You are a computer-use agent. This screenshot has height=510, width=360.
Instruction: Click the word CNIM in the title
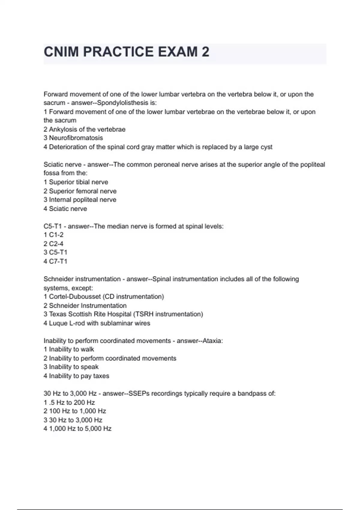point(61,52)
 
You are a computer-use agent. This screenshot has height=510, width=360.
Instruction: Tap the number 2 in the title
point(205,52)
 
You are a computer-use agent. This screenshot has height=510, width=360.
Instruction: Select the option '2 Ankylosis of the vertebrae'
point(84,129)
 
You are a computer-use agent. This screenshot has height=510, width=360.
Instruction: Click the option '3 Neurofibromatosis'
point(73,138)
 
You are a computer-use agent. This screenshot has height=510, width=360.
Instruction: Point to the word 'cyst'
point(265,147)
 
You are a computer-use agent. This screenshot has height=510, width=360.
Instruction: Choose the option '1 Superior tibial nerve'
point(76,182)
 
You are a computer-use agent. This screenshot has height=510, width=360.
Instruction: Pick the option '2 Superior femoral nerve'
point(80,191)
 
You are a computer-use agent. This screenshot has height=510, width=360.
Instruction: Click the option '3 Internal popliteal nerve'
point(80,200)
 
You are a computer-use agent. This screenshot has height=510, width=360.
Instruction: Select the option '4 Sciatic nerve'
point(65,209)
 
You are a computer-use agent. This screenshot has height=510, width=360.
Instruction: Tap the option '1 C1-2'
point(53,235)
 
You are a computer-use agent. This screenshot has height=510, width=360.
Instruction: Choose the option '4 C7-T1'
point(55,261)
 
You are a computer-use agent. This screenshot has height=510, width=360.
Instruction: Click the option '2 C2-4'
point(53,244)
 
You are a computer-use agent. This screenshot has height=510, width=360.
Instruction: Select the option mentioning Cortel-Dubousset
point(103,297)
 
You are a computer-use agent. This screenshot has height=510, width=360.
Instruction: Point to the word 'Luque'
point(58,323)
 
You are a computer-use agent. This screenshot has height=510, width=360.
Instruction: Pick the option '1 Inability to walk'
point(69,349)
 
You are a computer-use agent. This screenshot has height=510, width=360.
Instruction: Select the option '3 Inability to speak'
point(71,367)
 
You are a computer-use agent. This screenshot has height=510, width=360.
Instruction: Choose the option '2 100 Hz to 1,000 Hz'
point(75,411)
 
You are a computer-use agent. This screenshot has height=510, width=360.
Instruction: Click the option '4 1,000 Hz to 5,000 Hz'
point(77,429)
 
